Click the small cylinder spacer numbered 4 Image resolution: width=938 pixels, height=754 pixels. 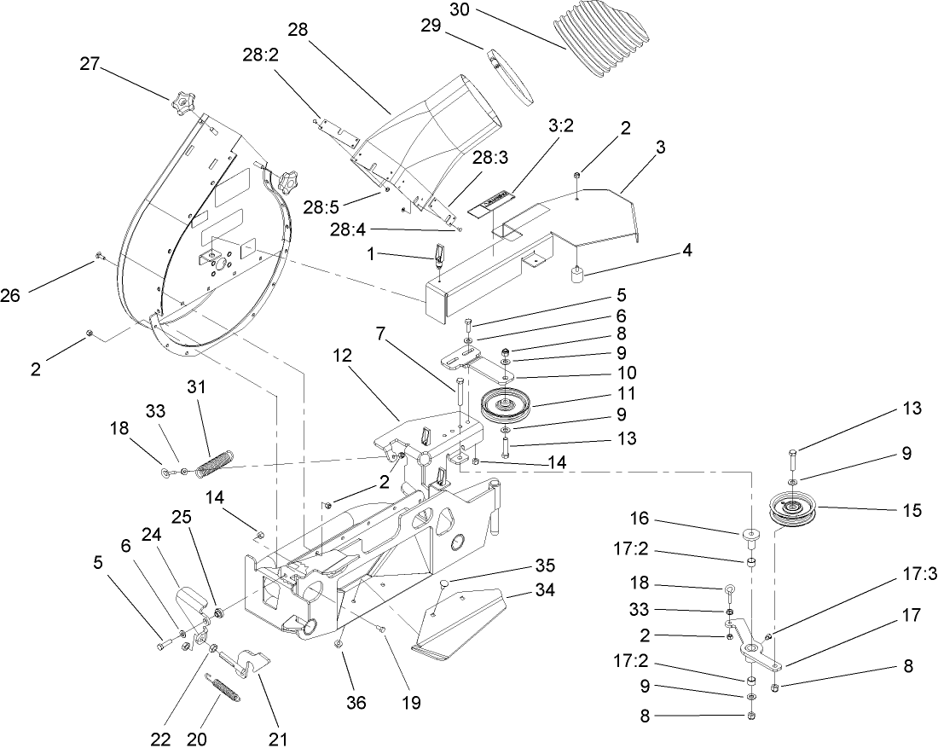pyautogui.click(x=576, y=275)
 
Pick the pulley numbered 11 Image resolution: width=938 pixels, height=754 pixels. pyautogui.click(x=507, y=403)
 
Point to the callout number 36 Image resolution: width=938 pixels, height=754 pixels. pyautogui.click(x=356, y=703)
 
